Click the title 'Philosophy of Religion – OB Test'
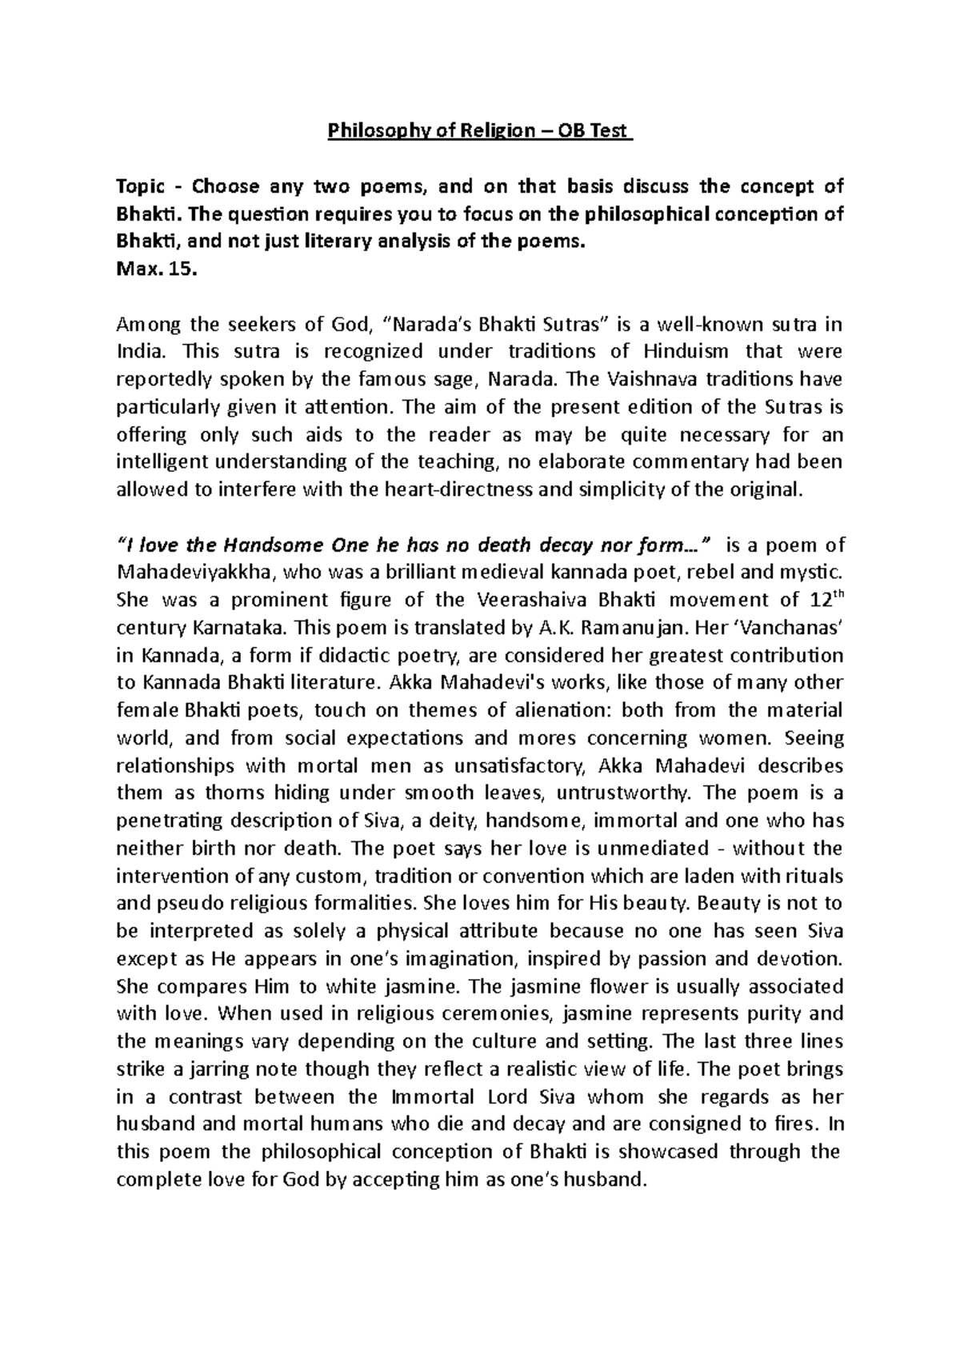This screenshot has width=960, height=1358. [x=479, y=131]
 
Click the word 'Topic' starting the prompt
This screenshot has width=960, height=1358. [x=138, y=187]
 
